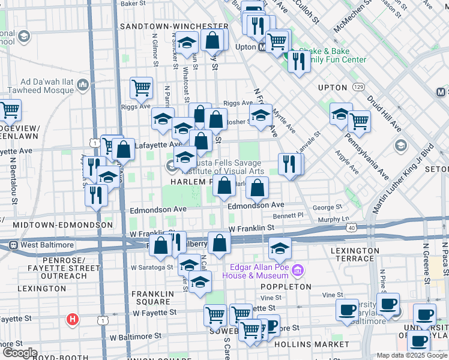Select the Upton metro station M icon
coord(262,47)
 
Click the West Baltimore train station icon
coord(13,245)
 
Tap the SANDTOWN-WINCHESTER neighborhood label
coord(174,26)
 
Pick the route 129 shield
coord(359,77)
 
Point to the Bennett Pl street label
coord(288,215)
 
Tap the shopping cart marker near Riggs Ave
coord(141,88)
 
